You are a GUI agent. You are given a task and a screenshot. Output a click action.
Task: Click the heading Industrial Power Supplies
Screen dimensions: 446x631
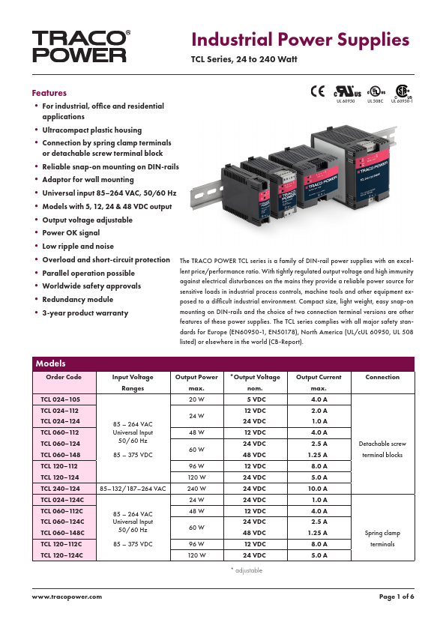(300, 40)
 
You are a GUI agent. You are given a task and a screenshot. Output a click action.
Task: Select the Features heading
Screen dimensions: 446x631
(49, 93)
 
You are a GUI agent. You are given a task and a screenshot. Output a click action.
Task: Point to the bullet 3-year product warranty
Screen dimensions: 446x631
(85, 313)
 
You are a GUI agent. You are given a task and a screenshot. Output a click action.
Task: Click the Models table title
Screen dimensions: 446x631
(51, 363)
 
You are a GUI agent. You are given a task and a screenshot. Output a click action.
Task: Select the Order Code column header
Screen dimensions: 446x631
(63, 377)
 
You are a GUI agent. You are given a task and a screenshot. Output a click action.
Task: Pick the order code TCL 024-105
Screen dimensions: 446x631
(59, 400)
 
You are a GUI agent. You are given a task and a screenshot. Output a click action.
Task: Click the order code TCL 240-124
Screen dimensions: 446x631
(60, 488)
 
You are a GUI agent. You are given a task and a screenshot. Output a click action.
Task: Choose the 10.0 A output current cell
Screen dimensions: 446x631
(319, 488)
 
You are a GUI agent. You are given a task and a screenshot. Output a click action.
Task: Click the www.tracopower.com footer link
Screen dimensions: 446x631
(67, 596)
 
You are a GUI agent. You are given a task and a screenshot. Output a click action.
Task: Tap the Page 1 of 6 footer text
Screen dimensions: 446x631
(397, 596)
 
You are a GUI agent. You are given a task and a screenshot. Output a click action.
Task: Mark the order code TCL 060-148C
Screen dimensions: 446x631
(61, 533)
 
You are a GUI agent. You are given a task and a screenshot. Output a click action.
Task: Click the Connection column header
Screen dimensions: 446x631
(382, 377)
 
